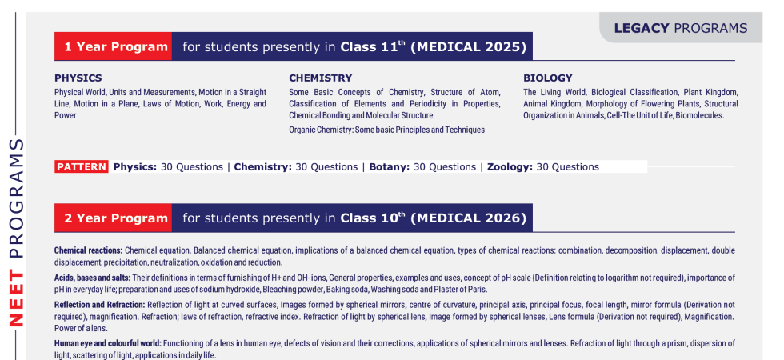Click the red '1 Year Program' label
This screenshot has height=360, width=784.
113,46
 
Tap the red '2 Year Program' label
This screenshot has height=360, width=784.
113,218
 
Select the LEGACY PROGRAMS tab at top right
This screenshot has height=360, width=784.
681,28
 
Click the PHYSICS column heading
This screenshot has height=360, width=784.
78,78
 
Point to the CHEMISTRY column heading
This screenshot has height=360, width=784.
321,78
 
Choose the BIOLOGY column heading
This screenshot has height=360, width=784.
548,78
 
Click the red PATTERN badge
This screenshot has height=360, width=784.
82,166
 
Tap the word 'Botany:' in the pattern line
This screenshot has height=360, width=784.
390,167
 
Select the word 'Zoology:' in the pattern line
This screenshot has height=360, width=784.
510,167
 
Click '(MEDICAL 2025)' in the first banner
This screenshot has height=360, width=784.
469,47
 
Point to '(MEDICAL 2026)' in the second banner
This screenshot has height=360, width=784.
469,218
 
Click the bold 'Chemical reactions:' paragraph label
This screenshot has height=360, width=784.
89,250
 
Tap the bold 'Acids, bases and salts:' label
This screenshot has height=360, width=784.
93,278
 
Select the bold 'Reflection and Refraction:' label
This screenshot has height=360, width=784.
100,305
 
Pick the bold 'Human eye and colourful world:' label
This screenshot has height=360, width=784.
108,343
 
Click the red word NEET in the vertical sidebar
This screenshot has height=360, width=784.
17,298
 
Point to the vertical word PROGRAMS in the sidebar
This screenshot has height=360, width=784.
17,198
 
